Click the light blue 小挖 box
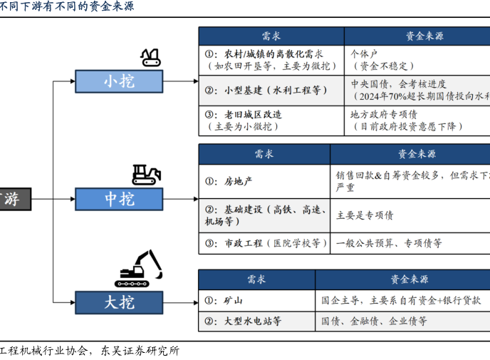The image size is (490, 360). (119, 81)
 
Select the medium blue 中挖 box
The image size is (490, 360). (119, 199)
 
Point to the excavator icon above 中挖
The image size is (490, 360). (146, 175)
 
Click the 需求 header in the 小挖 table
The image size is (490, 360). (271, 37)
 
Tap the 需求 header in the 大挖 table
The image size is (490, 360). (256, 279)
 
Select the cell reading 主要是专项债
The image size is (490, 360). (410, 215)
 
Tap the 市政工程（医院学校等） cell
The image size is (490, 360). (264, 243)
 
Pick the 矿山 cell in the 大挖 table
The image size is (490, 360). (256, 301)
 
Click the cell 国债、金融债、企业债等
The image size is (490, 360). (402, 322)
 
